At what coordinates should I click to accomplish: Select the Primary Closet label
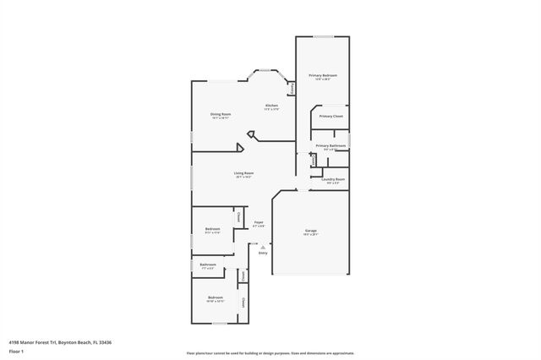pos(331,116)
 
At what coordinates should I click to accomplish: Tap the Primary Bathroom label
pos(331,145)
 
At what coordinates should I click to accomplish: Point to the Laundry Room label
pos(333,179)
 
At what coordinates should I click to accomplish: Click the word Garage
pos(311,230)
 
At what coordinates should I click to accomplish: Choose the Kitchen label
pos(271,106)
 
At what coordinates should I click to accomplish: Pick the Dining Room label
pos(221,113)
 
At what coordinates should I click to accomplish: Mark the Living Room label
pos(244,173)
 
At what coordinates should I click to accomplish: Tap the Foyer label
pos(260,222)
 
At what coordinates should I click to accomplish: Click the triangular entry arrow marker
pos(262,246)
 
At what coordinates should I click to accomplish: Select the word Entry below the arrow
pos(263,252)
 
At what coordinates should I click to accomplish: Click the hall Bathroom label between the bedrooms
pos(208,265)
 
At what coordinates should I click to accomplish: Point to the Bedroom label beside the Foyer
pos(213,228)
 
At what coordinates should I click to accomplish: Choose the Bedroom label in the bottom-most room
pos(216,297)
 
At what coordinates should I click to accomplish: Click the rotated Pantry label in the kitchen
pos(292,88)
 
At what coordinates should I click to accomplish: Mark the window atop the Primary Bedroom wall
pos(322,37)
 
